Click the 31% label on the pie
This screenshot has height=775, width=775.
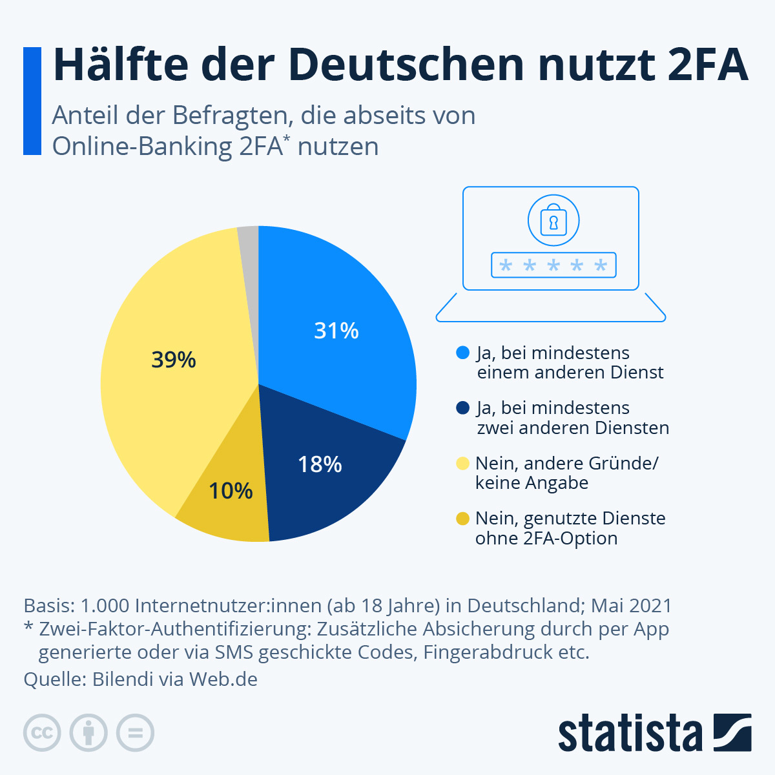(336, 331)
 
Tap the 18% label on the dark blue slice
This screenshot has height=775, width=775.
(320, 464)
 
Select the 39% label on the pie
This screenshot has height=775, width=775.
(174, 360)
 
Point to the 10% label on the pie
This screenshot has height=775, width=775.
(231, 491)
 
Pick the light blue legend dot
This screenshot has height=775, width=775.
(462, 353)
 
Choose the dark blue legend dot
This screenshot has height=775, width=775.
(462, 408)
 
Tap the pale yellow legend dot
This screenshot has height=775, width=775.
(462, 463)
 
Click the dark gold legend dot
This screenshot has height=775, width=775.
(462, 519)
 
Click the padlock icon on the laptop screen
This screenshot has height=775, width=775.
(553, 220)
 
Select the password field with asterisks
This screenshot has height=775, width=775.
(553, 265)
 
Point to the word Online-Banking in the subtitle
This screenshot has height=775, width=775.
(142, 147)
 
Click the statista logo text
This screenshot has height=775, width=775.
(630, 733)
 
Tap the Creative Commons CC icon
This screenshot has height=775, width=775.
(42, 733)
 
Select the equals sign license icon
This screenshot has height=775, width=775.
(135, 733)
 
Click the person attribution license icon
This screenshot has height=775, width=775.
(88, 733)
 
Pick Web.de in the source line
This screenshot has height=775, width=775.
(223, 679)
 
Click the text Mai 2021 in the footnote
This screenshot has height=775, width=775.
(631, 606)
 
